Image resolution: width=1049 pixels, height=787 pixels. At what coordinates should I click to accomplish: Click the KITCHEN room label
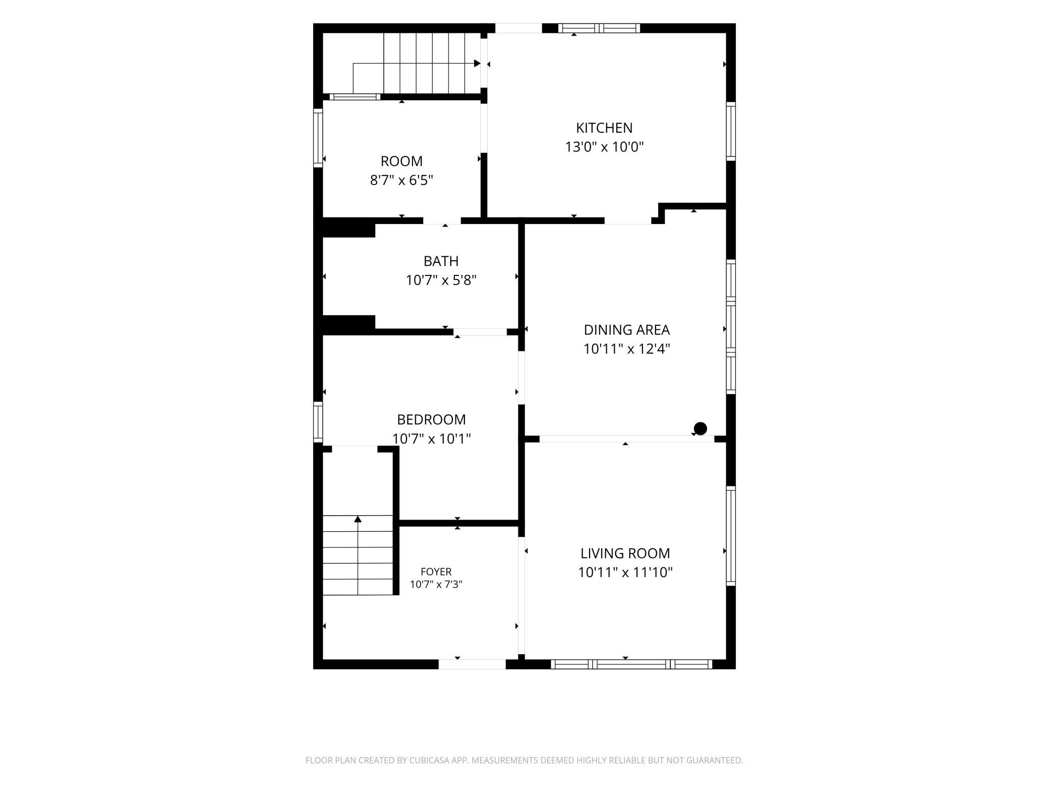click(604, 128)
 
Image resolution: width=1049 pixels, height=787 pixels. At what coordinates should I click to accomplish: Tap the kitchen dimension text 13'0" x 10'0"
click(604, 147)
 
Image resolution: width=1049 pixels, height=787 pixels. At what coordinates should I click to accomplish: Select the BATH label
click(441, 261)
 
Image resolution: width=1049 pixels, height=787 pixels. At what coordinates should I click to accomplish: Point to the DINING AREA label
click(626, 329)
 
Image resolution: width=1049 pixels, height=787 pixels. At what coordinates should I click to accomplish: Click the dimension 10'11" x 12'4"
click(626, 349)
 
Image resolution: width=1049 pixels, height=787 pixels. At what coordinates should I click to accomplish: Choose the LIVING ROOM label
click(625, 553)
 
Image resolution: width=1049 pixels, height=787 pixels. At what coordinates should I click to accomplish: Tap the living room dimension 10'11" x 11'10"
click(625, 572)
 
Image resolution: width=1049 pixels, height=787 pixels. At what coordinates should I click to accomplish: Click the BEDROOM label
click(431, 419)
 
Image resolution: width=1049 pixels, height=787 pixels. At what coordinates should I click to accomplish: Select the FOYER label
click(436, 572)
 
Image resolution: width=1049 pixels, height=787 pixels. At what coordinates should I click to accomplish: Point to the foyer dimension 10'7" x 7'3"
click(436, 584)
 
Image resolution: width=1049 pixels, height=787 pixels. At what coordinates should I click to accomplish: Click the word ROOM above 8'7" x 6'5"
click(401, 161)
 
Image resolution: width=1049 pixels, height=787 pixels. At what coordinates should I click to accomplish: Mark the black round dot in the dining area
click(700, 428)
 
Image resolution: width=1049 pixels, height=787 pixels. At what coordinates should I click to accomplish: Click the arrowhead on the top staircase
click(477, 64)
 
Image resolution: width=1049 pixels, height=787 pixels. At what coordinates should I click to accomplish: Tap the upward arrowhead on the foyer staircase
click(358, 519)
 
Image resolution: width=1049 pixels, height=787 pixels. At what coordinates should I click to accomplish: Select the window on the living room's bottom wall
click(631, 664)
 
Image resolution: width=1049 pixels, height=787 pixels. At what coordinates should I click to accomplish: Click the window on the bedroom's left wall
click(318, 422)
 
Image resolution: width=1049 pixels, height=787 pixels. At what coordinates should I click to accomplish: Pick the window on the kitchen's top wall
click(599, 28)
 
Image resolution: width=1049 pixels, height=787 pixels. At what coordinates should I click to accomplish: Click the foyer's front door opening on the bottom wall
click(472, 664)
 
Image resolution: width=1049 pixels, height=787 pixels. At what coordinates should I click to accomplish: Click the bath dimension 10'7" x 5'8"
click(441, 280)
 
